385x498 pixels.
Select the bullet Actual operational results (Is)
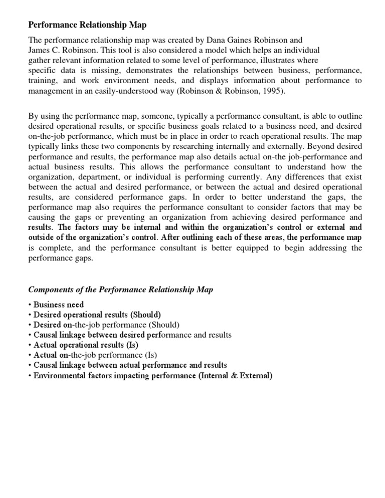click(85, 345)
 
